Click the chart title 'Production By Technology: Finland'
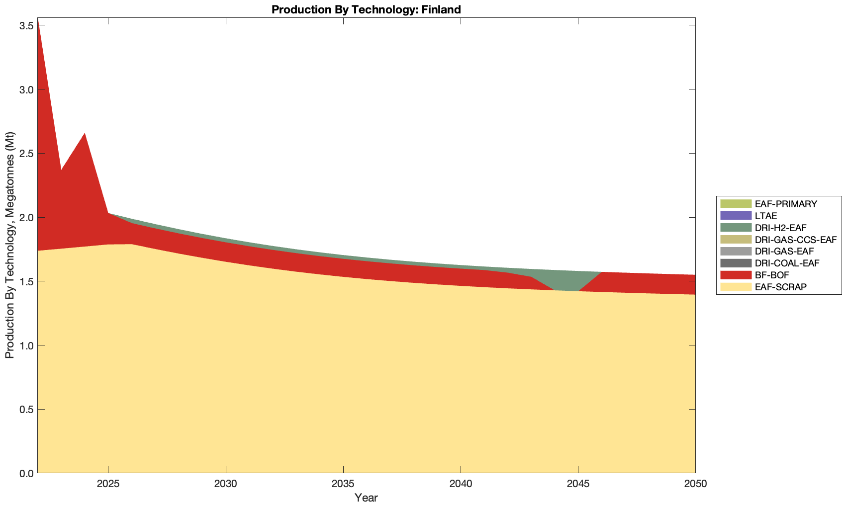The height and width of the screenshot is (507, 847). click(x=366, y=9)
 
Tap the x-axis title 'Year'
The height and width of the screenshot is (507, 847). click(x=366, y=498)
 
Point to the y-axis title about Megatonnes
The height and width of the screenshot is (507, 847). click(x=9, y=245)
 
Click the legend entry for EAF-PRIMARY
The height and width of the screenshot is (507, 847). click(x=785, y=204)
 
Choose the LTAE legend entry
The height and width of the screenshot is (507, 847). click(x=765, y=216)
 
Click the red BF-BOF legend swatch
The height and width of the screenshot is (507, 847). click(x=735, y=275)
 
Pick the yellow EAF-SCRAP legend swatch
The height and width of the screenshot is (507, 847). click(x=735, y=287)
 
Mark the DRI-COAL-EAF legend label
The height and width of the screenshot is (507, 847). click(x=787, y=263)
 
